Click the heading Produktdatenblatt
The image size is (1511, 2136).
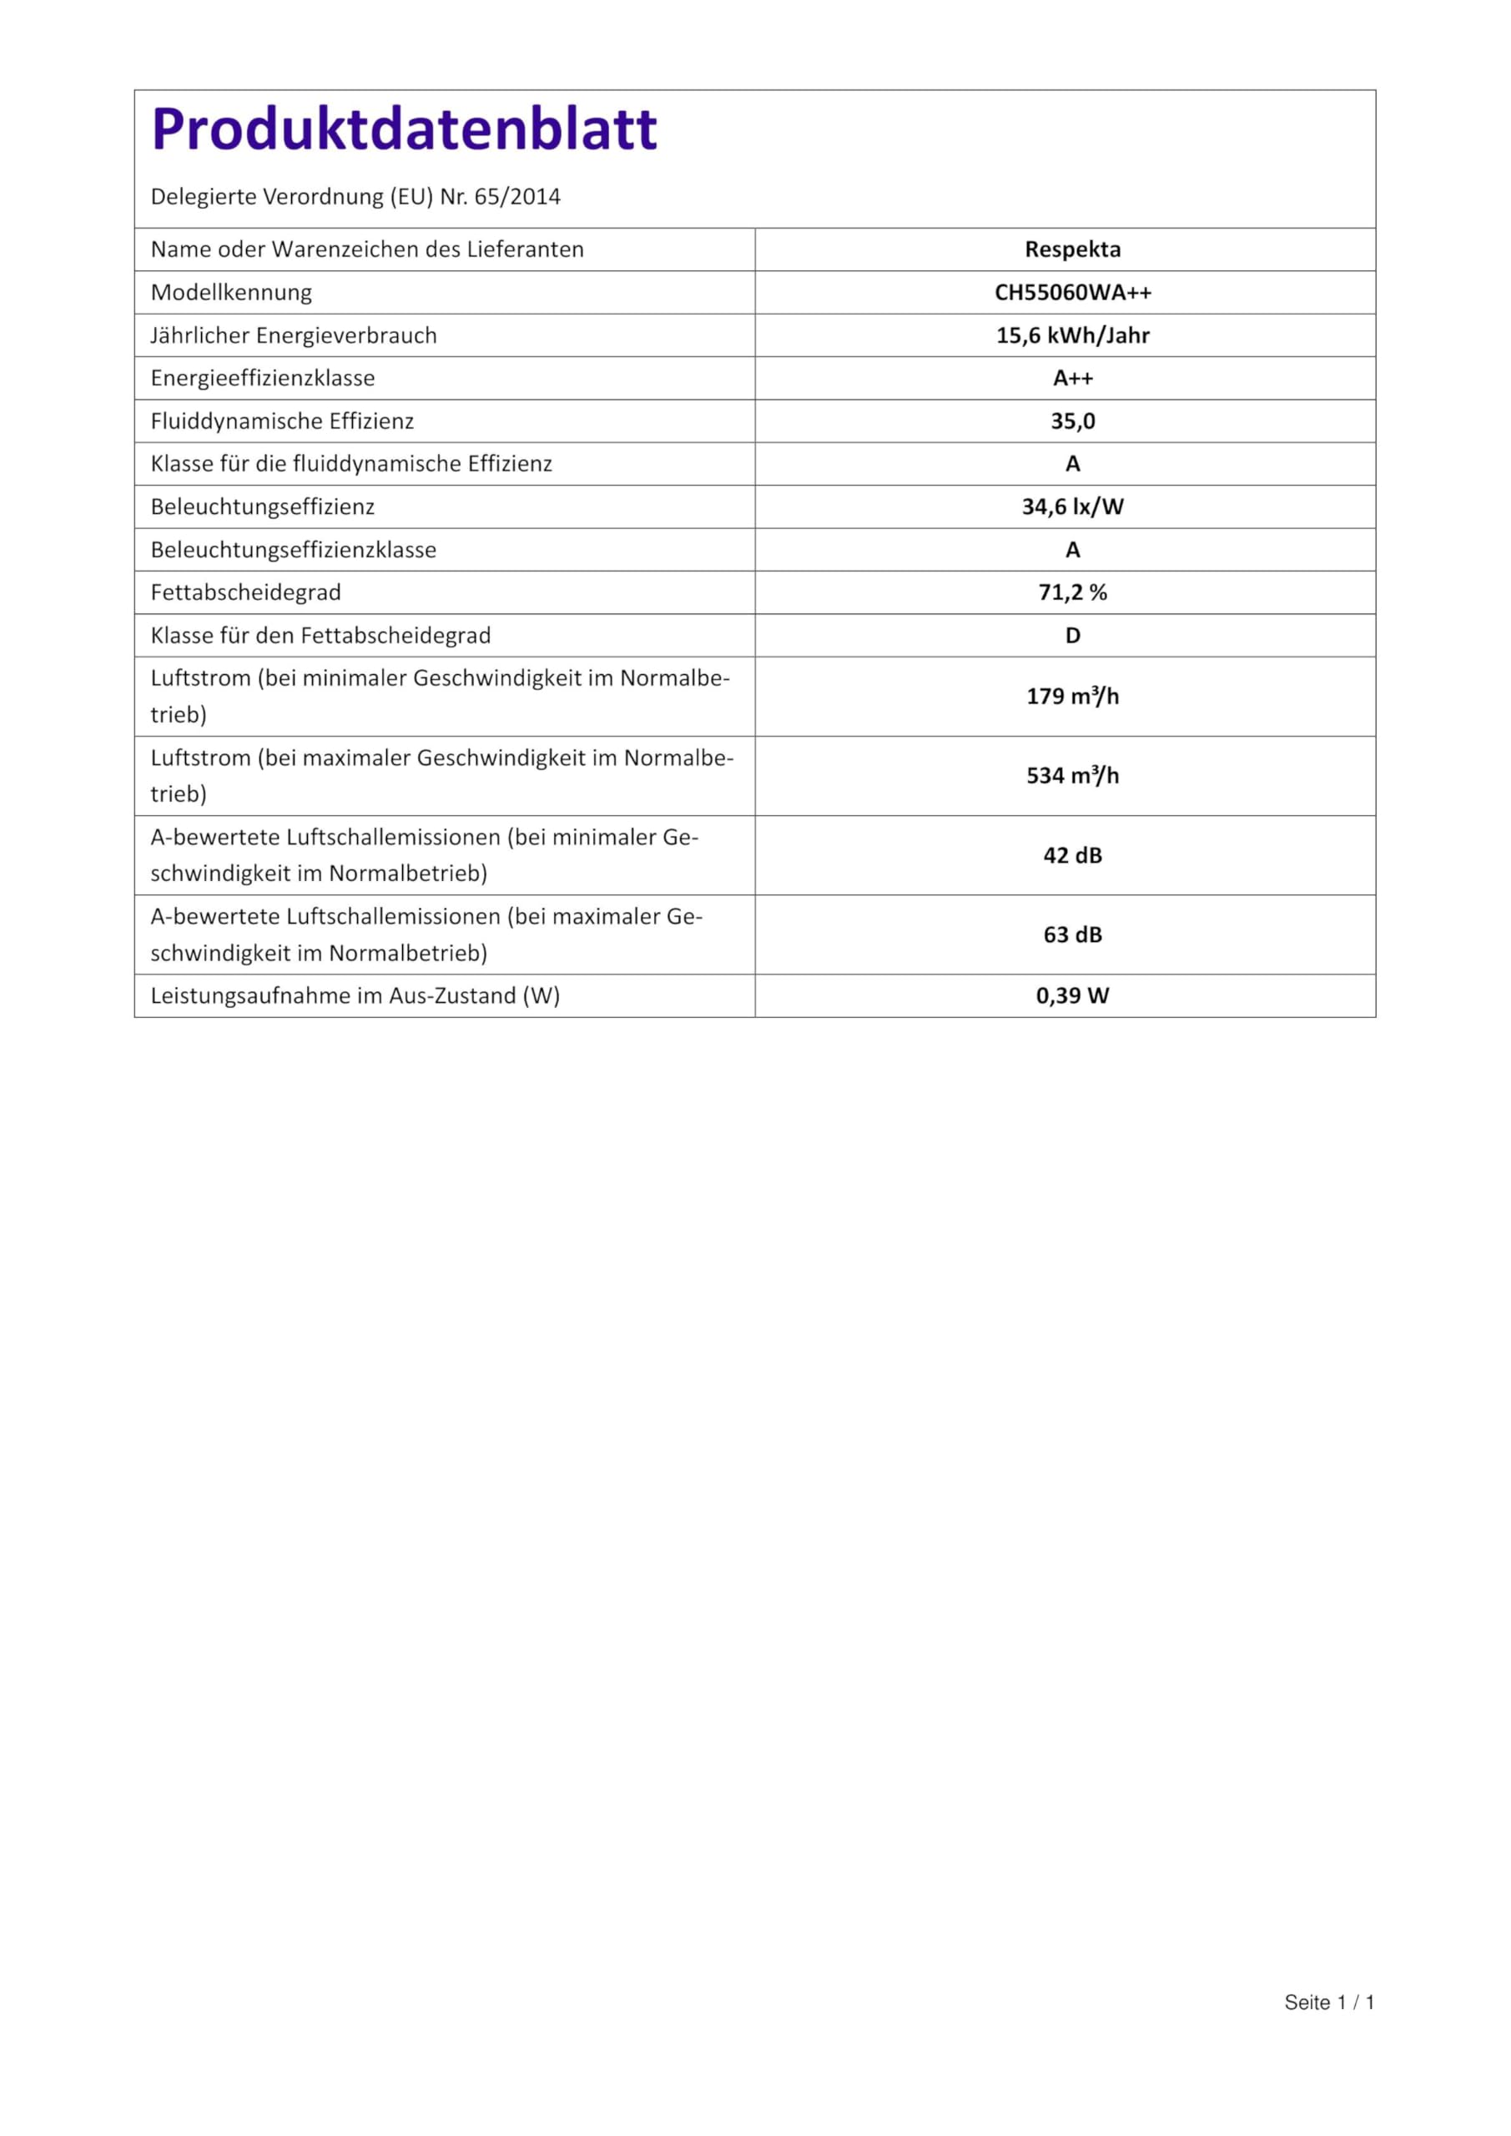[x=404, y=129]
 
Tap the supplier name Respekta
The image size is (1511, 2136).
[x=1072, y=249]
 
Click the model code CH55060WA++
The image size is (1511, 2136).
[x=1072, y=292]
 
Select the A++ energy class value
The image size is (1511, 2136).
[x=1072, y=378]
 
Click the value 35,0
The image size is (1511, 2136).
[x=1072, y=421]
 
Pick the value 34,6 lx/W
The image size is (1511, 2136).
[x=1072, y=506]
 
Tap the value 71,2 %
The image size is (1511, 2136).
[x=1072, y=592]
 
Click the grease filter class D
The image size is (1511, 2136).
[x=1072, y=636]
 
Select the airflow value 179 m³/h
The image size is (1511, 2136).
[x=1072, y=696]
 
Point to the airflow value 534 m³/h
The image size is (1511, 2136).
[x=1072, y=775]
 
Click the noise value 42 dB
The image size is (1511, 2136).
[x=1072, y=855]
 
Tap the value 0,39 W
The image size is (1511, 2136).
[x=1072, y=995]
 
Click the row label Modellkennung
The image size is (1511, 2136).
[x=231, y=292]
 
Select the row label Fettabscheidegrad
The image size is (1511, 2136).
[x=245, y=592]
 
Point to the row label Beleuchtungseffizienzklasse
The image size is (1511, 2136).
[x=293, y=550]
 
